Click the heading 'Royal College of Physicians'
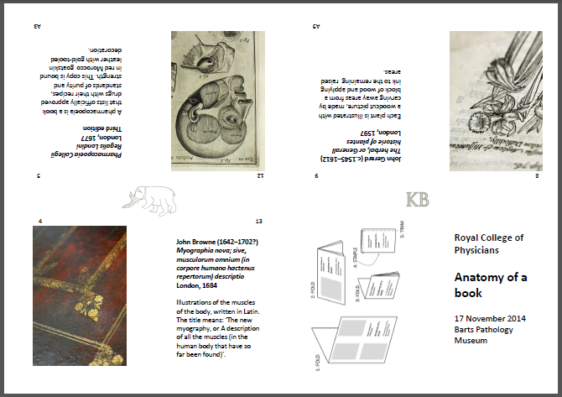[488, 243]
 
